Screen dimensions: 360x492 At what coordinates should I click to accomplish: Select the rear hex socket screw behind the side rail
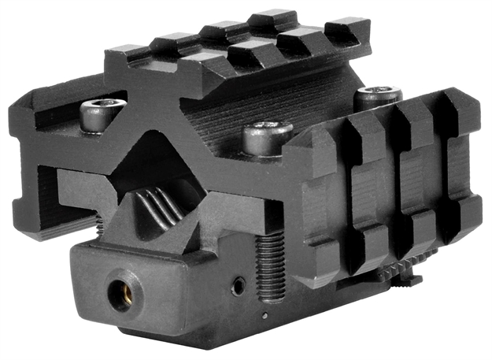tap(372, 98)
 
